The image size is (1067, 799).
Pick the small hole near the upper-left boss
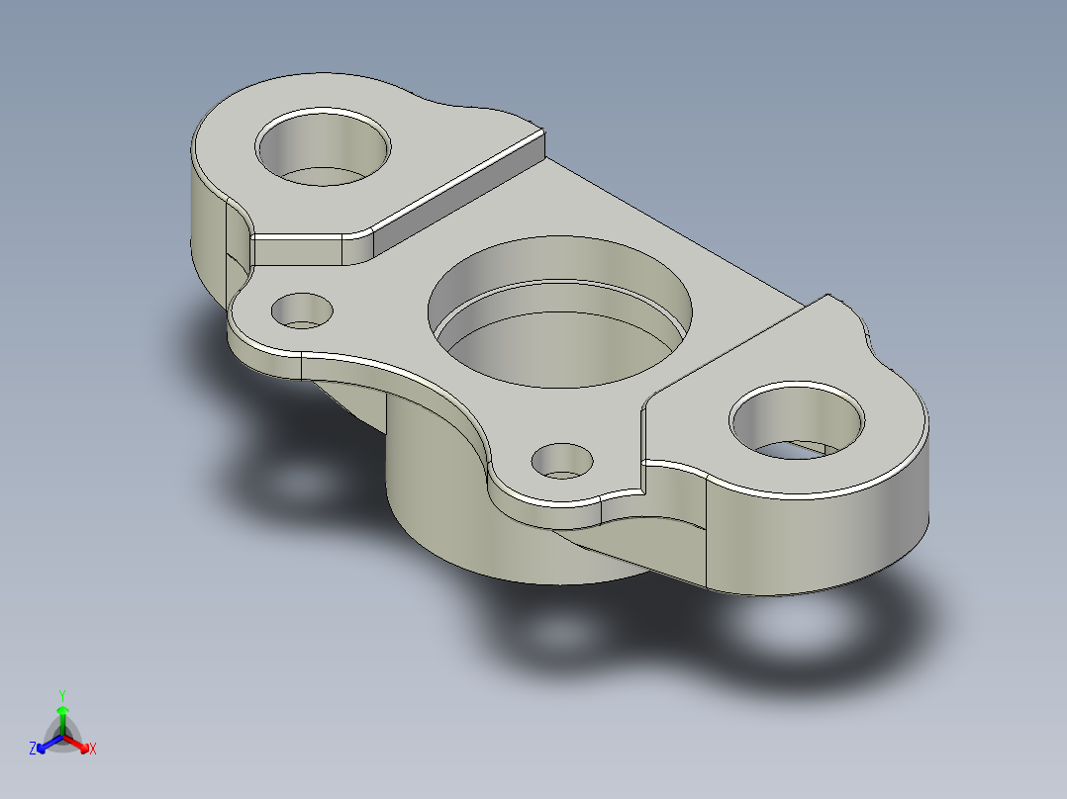point(302,311)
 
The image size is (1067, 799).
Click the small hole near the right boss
point(562,460)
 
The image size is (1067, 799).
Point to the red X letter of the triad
point(93,750)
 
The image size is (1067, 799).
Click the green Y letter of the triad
point(62,694)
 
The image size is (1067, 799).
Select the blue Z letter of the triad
point(33,750)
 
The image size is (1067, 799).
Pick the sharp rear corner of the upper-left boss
point(542,130)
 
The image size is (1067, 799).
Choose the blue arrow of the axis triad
point(46,743)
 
